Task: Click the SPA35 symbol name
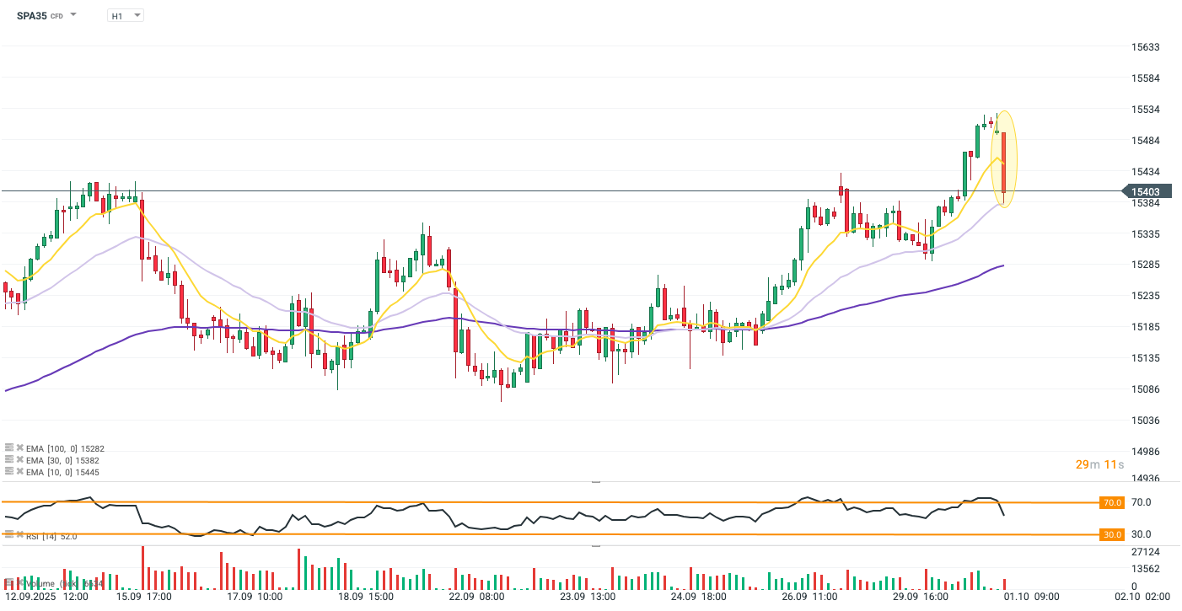click(x=32, y=15)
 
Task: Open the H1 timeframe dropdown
click(x=126, y=15)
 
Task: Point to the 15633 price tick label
click(x=1146, y=47)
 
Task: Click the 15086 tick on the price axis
click(x=1146, y=389)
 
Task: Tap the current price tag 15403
click(x=1146, y=192)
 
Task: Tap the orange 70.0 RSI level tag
click(x=1112, y=502)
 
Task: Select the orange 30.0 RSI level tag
click(x=1112, y=534)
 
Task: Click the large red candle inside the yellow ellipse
click(x=1003, y=162)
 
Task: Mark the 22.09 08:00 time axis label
click(x=476, y=597)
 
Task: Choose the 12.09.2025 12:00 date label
click(x=46, y=597)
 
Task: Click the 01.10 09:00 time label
click(x=1034, y=597)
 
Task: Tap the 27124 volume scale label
click(x=1145, y=552)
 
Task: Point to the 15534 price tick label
click(x=1146, y=110)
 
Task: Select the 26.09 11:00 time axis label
click(x=809, y=597)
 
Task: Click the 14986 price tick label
click(x=1146, y=452)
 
